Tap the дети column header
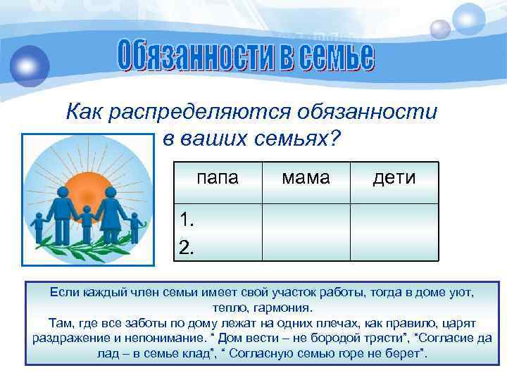pos(394,178)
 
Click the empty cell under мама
pos(306,232)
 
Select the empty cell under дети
pos(394,232)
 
